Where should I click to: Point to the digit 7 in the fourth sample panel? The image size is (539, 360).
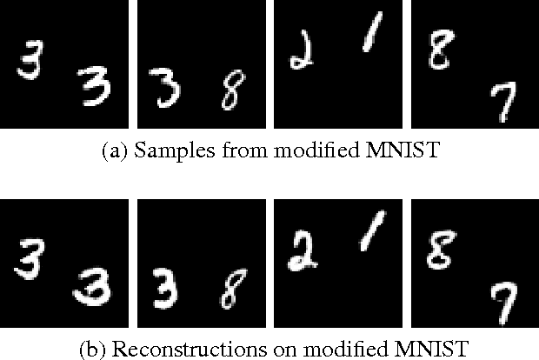pyautogui.click(x=500, y=105)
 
